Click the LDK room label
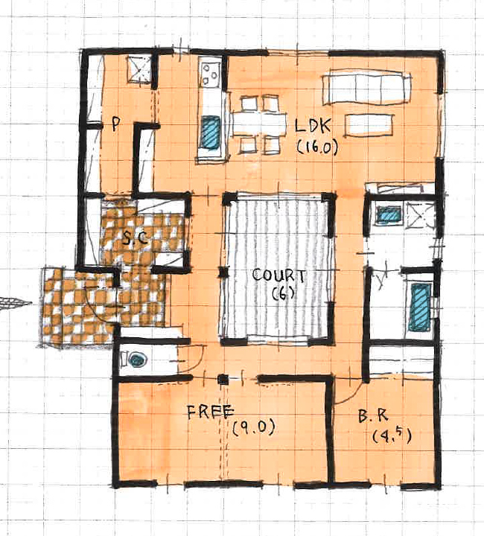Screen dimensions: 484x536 click(x=313, y=126)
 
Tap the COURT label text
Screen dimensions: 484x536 click(x=278, y=275)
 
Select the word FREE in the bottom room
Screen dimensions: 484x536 click(x=211, y=412)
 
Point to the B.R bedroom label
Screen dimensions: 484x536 click(x=373, y=416)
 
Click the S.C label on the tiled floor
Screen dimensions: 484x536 click(x=136, y=237)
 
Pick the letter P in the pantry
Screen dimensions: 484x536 click(x=115, y=124)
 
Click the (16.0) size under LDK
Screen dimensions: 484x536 click(x=317, y=148)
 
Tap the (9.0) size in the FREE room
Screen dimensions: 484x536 click(x=254, y=427)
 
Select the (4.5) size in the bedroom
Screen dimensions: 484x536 click(x=392, y=435)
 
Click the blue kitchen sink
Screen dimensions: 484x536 click(x=210, y=132)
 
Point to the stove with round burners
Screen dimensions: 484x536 click(x=210, y=74)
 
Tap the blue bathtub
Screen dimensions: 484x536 click(x=421, y=307)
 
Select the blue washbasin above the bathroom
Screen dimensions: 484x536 click(x=388, y=214)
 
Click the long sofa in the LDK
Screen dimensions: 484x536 click(x=366, y=87)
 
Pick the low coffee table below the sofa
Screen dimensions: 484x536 click(x=369, y=126)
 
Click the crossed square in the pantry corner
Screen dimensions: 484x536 click(x=139, y=69)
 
